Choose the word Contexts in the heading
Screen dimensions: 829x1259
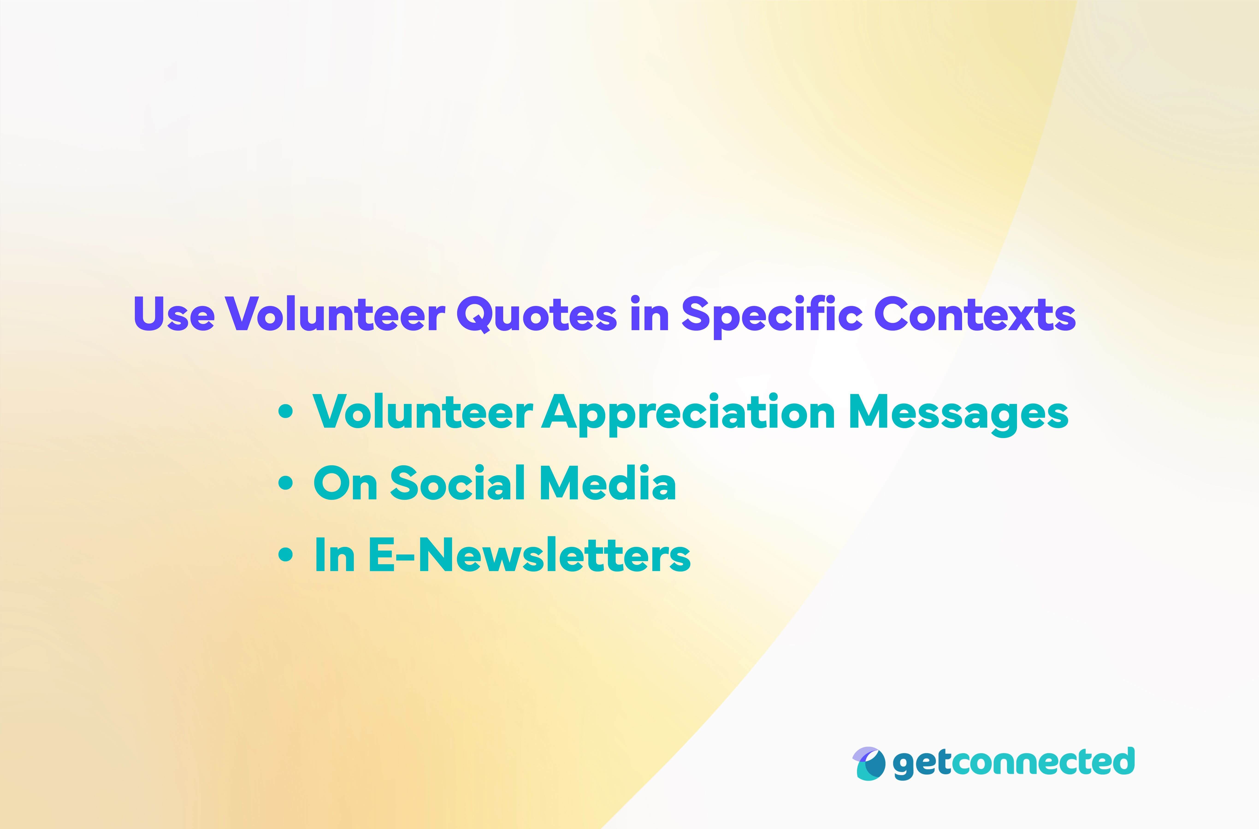[975, 314]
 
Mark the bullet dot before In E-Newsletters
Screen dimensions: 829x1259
[286, 554]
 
